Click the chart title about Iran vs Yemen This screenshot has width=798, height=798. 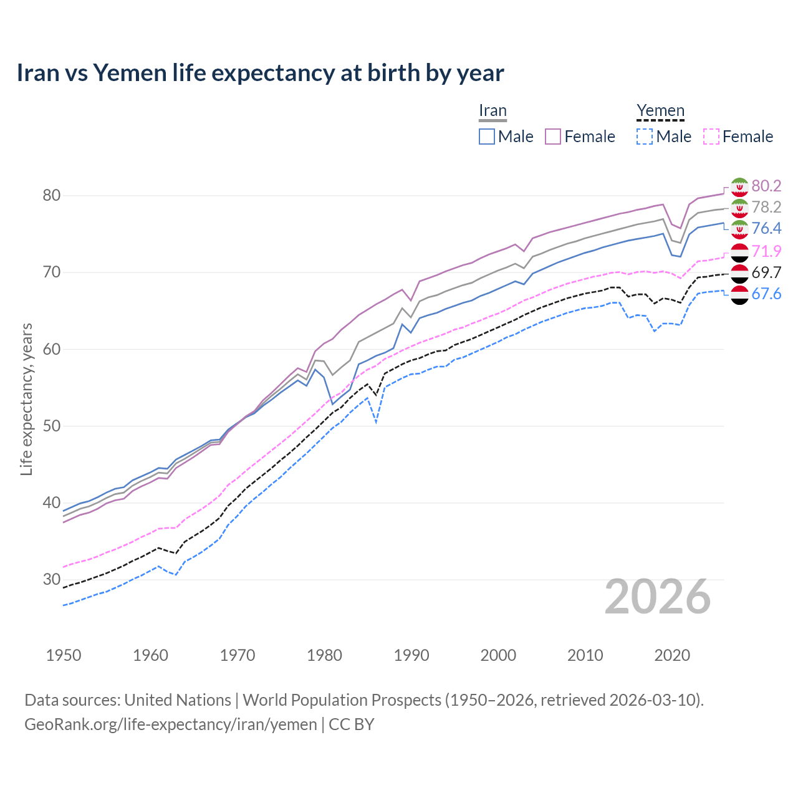pyautogui.click(x=260, y=73)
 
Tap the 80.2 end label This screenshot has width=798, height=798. pyautogui.click(x=766, y=186)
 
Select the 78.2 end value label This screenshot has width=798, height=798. pyautogui.click(x=766, y=207)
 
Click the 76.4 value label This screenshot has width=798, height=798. pyautogui.click(x=766, y=228)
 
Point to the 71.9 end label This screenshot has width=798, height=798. pyautogui.click(x=766, y=251)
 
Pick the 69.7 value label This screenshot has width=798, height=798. pyautogui.click(x=766, y=272)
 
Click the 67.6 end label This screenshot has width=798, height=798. pyautogui.click(x=766, y=294)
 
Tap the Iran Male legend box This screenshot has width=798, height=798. pyautogui.click(x=487, y=137)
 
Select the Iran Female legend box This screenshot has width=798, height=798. pyautogui.click(x=553, y=137)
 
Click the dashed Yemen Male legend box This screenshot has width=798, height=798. pyautogui.click(x=645, y=137)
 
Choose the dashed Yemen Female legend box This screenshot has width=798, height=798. pyautogui.click(x=711, y=137)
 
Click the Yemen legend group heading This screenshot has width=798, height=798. pyautogui.click(x=660, y=111)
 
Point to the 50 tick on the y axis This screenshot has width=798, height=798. pyautogui.click(x=52, y=426)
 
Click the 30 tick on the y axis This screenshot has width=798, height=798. pyautogui.click(x=52, y=579)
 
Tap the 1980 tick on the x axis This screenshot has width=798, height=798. pyautogui.click(x=324, y=655)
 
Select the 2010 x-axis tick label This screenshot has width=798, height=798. pyautogui.click(x=585, y=655)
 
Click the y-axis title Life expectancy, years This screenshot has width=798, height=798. pyautogui.click(x=26, y=399)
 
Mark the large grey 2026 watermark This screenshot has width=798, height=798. pyautogui.click(x=658, y=597)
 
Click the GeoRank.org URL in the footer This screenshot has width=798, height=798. pyautogui.click(x=170, y=724)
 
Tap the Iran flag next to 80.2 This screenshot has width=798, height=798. pyautogui.click(x=739, y=186)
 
